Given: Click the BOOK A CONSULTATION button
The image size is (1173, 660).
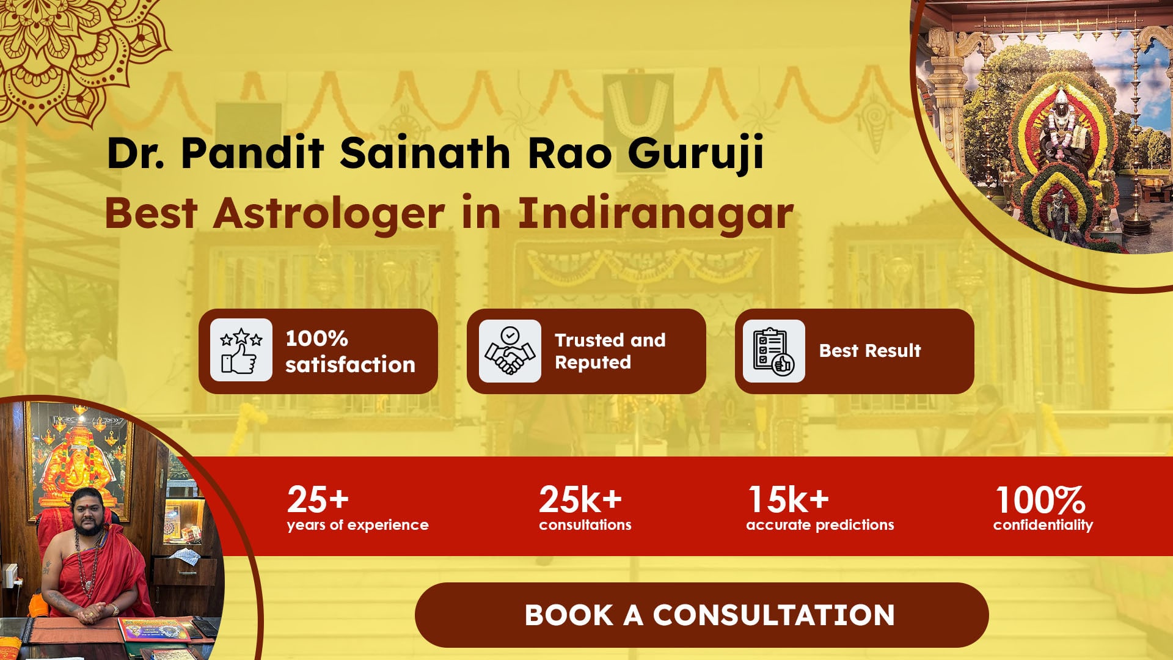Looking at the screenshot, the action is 701,615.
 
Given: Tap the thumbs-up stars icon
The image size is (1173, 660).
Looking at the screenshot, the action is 241,350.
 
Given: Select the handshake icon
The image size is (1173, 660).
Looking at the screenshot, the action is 510,351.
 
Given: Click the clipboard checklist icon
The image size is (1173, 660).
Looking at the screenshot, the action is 773,351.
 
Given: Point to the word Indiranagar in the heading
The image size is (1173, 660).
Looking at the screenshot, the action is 656,214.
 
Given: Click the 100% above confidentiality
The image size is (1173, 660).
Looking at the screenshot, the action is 1040,500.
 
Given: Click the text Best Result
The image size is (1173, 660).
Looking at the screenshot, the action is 870,351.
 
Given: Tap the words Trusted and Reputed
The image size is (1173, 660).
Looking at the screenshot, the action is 610,351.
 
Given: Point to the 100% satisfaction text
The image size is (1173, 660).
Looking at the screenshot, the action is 350,351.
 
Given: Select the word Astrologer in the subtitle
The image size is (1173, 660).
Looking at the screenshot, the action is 329,214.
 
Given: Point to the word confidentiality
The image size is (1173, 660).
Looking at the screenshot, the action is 1043,525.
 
